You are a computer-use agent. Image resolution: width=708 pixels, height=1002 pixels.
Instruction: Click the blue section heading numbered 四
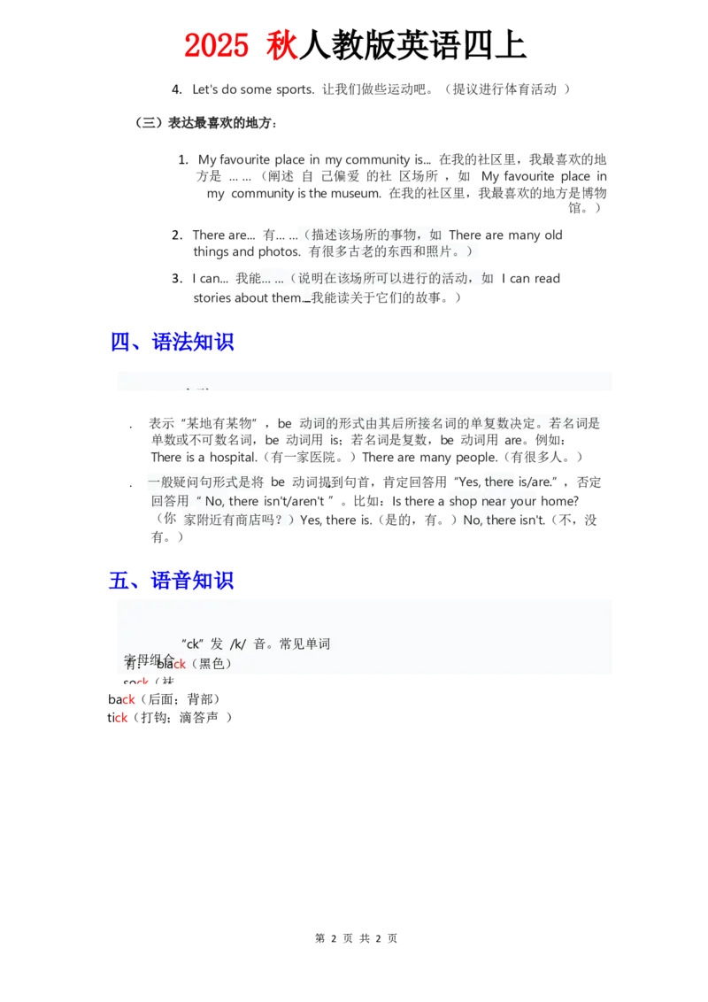[172, 341]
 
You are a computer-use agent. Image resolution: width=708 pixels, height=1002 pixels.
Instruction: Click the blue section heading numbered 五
[172, 581]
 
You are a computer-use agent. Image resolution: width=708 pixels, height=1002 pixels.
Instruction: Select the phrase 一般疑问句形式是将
[206, 482]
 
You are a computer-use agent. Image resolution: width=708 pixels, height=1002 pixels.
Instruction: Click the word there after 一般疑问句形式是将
[499, 482]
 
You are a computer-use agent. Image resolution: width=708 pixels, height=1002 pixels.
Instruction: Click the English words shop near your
[493, 501]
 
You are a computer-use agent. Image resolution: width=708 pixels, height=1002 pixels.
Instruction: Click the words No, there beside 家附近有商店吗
[489, 520]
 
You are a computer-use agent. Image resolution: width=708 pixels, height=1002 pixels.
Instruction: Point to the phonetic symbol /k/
[237, 644]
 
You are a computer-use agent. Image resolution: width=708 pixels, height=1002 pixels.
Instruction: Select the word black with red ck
[171, 664]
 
